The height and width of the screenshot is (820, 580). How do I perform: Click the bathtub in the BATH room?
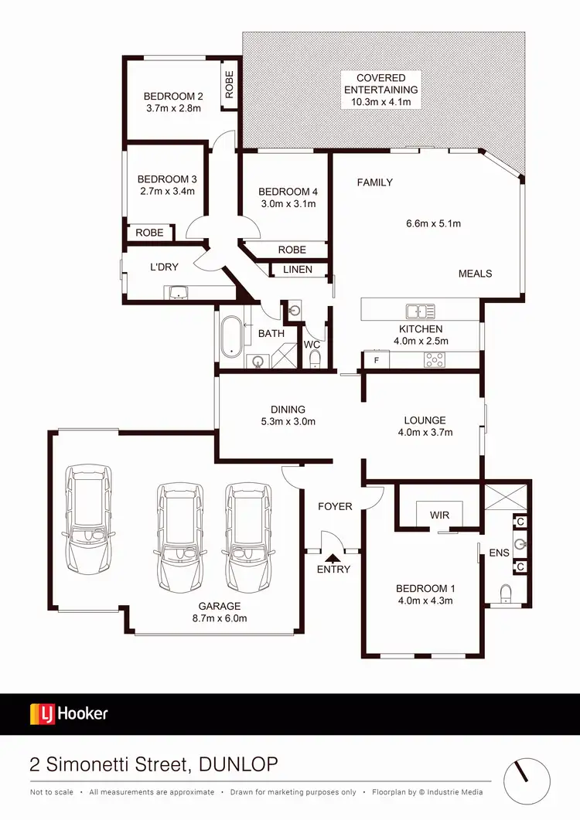[230, 338]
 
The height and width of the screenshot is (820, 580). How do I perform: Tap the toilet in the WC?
[315, 359]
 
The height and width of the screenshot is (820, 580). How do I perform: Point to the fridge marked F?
[377, 360]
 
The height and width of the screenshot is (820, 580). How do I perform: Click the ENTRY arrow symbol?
[333, 556]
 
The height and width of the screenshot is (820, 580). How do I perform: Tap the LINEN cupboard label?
[298, 269]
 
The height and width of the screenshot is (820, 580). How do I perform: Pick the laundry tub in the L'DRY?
[179, 292]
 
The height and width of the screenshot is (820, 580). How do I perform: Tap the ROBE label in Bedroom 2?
[229, 83]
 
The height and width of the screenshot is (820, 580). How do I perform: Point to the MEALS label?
[475, 274]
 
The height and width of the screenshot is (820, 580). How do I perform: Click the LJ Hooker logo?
[69, 713]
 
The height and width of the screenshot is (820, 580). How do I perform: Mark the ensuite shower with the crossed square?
[506, 495]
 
